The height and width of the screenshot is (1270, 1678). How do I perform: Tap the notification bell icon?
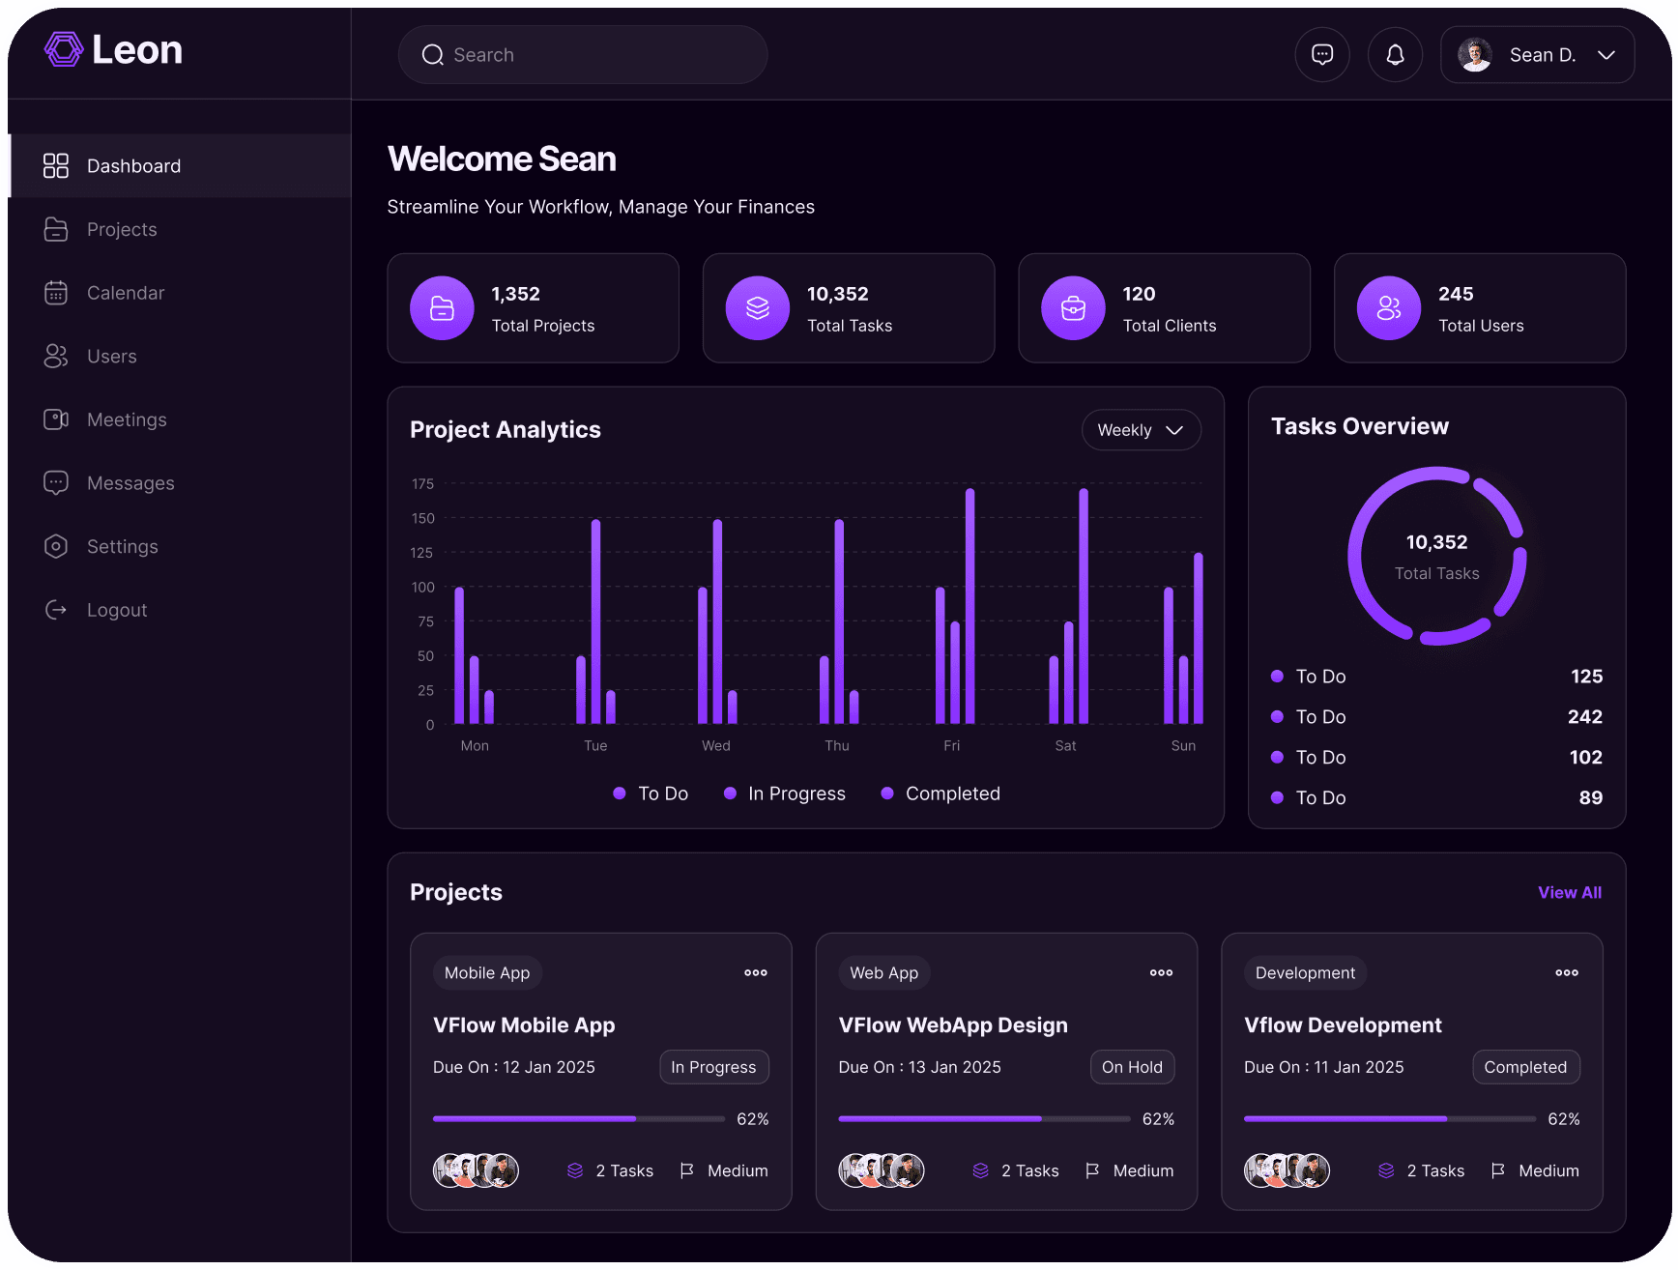pos(1395,55)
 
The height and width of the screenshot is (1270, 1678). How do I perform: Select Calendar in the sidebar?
pos(125,293)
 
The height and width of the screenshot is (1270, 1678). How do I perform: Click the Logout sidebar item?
pos(116,610)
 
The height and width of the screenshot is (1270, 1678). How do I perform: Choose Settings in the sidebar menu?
pos(122,547)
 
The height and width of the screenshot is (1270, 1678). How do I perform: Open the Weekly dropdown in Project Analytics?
pos(1141,430)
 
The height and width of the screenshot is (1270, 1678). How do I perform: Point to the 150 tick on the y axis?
pos(423,518)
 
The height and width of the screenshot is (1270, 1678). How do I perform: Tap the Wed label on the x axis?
pos(716,745)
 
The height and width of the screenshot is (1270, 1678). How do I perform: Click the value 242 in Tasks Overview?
pos(1584,717)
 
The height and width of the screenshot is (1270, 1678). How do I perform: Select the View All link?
pos(1569,893)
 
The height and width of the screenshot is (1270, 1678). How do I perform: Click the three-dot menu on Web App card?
pos(1161,973)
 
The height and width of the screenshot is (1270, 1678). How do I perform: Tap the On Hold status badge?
pos(1132,1067)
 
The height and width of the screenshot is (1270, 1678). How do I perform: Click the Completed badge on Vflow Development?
pos(1525,1067)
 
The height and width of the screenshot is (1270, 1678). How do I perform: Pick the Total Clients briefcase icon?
pos(1073,308)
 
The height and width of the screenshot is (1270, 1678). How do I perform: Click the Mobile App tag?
pos(487,973)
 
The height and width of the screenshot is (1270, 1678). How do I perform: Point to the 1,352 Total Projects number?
pos(516,294)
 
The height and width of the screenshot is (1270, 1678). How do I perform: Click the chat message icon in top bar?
pos(1322,55)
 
